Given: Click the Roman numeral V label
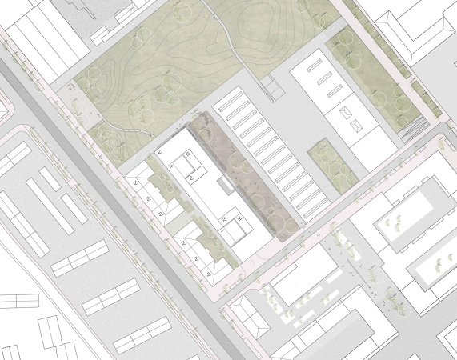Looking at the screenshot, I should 162,150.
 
